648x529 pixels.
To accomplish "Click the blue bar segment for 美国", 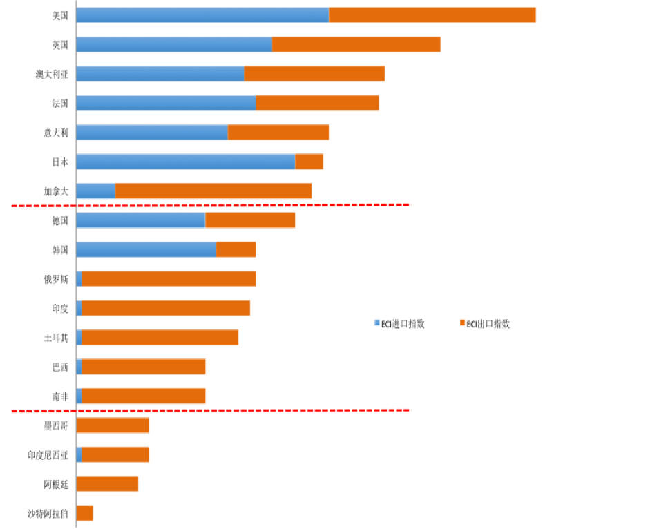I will pos(202,15).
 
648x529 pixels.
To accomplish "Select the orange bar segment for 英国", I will pos(356,44).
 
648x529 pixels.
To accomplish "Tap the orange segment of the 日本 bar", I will pos(309,162).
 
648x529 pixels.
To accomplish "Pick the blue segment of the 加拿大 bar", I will pos(95,191).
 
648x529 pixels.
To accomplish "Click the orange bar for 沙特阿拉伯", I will pos(84,513).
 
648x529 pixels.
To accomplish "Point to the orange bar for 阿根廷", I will pos(107,483).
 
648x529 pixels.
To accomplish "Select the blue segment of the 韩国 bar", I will pos(146,249).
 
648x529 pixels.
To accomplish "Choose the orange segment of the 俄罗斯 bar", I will pos(169,278).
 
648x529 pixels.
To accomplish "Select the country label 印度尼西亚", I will pos(48,455).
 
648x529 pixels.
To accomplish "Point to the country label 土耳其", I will pos(56,338).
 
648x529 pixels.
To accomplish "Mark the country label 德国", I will pos(60,220).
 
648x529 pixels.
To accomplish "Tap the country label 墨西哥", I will pos(56,426).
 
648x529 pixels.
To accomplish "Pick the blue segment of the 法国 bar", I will pos(166,103).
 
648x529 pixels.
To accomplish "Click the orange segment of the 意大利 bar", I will pos(278,132).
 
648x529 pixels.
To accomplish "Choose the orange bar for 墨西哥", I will pos(113,425).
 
